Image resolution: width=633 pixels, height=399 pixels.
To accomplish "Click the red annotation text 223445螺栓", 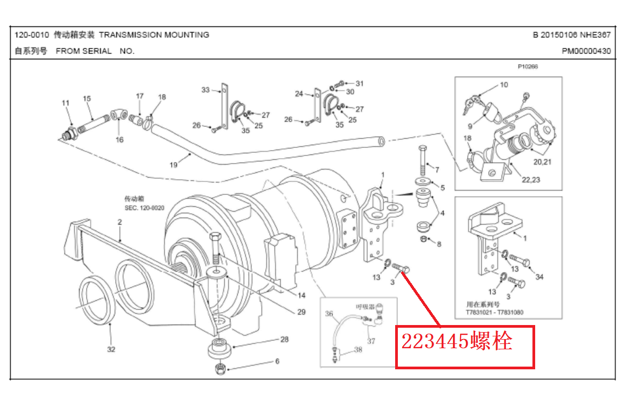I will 456,341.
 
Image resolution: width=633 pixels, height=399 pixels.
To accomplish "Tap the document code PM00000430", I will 586,51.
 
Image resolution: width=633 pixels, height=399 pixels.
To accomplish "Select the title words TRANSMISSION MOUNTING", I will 154,35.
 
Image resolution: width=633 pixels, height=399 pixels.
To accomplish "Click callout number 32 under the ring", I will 111,349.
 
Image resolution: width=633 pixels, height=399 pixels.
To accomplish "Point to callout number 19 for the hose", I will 174,165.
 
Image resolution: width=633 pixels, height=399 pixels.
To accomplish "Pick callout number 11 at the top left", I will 65,103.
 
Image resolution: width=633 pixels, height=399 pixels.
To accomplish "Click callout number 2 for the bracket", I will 119,222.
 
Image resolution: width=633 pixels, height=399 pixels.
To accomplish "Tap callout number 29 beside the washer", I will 301,312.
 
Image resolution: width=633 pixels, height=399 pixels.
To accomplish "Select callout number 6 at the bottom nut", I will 277,361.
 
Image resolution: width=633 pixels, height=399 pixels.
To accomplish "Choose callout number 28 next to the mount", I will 284,339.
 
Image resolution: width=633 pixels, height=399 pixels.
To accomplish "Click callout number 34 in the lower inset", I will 539,277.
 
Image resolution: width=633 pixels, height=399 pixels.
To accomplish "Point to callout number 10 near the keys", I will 504,85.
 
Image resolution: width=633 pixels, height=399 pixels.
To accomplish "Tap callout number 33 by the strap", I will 205,90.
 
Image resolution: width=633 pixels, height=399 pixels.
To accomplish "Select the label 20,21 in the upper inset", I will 543,162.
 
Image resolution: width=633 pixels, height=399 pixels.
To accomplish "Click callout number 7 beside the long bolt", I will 437,170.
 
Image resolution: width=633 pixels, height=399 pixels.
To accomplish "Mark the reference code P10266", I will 528,67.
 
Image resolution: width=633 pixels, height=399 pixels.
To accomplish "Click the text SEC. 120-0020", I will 144,207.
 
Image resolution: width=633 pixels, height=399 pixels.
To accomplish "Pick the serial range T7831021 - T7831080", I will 494,312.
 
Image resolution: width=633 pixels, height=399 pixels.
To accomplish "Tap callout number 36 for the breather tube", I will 329,313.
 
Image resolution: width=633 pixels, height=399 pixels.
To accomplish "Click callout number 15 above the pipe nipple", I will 87,98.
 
